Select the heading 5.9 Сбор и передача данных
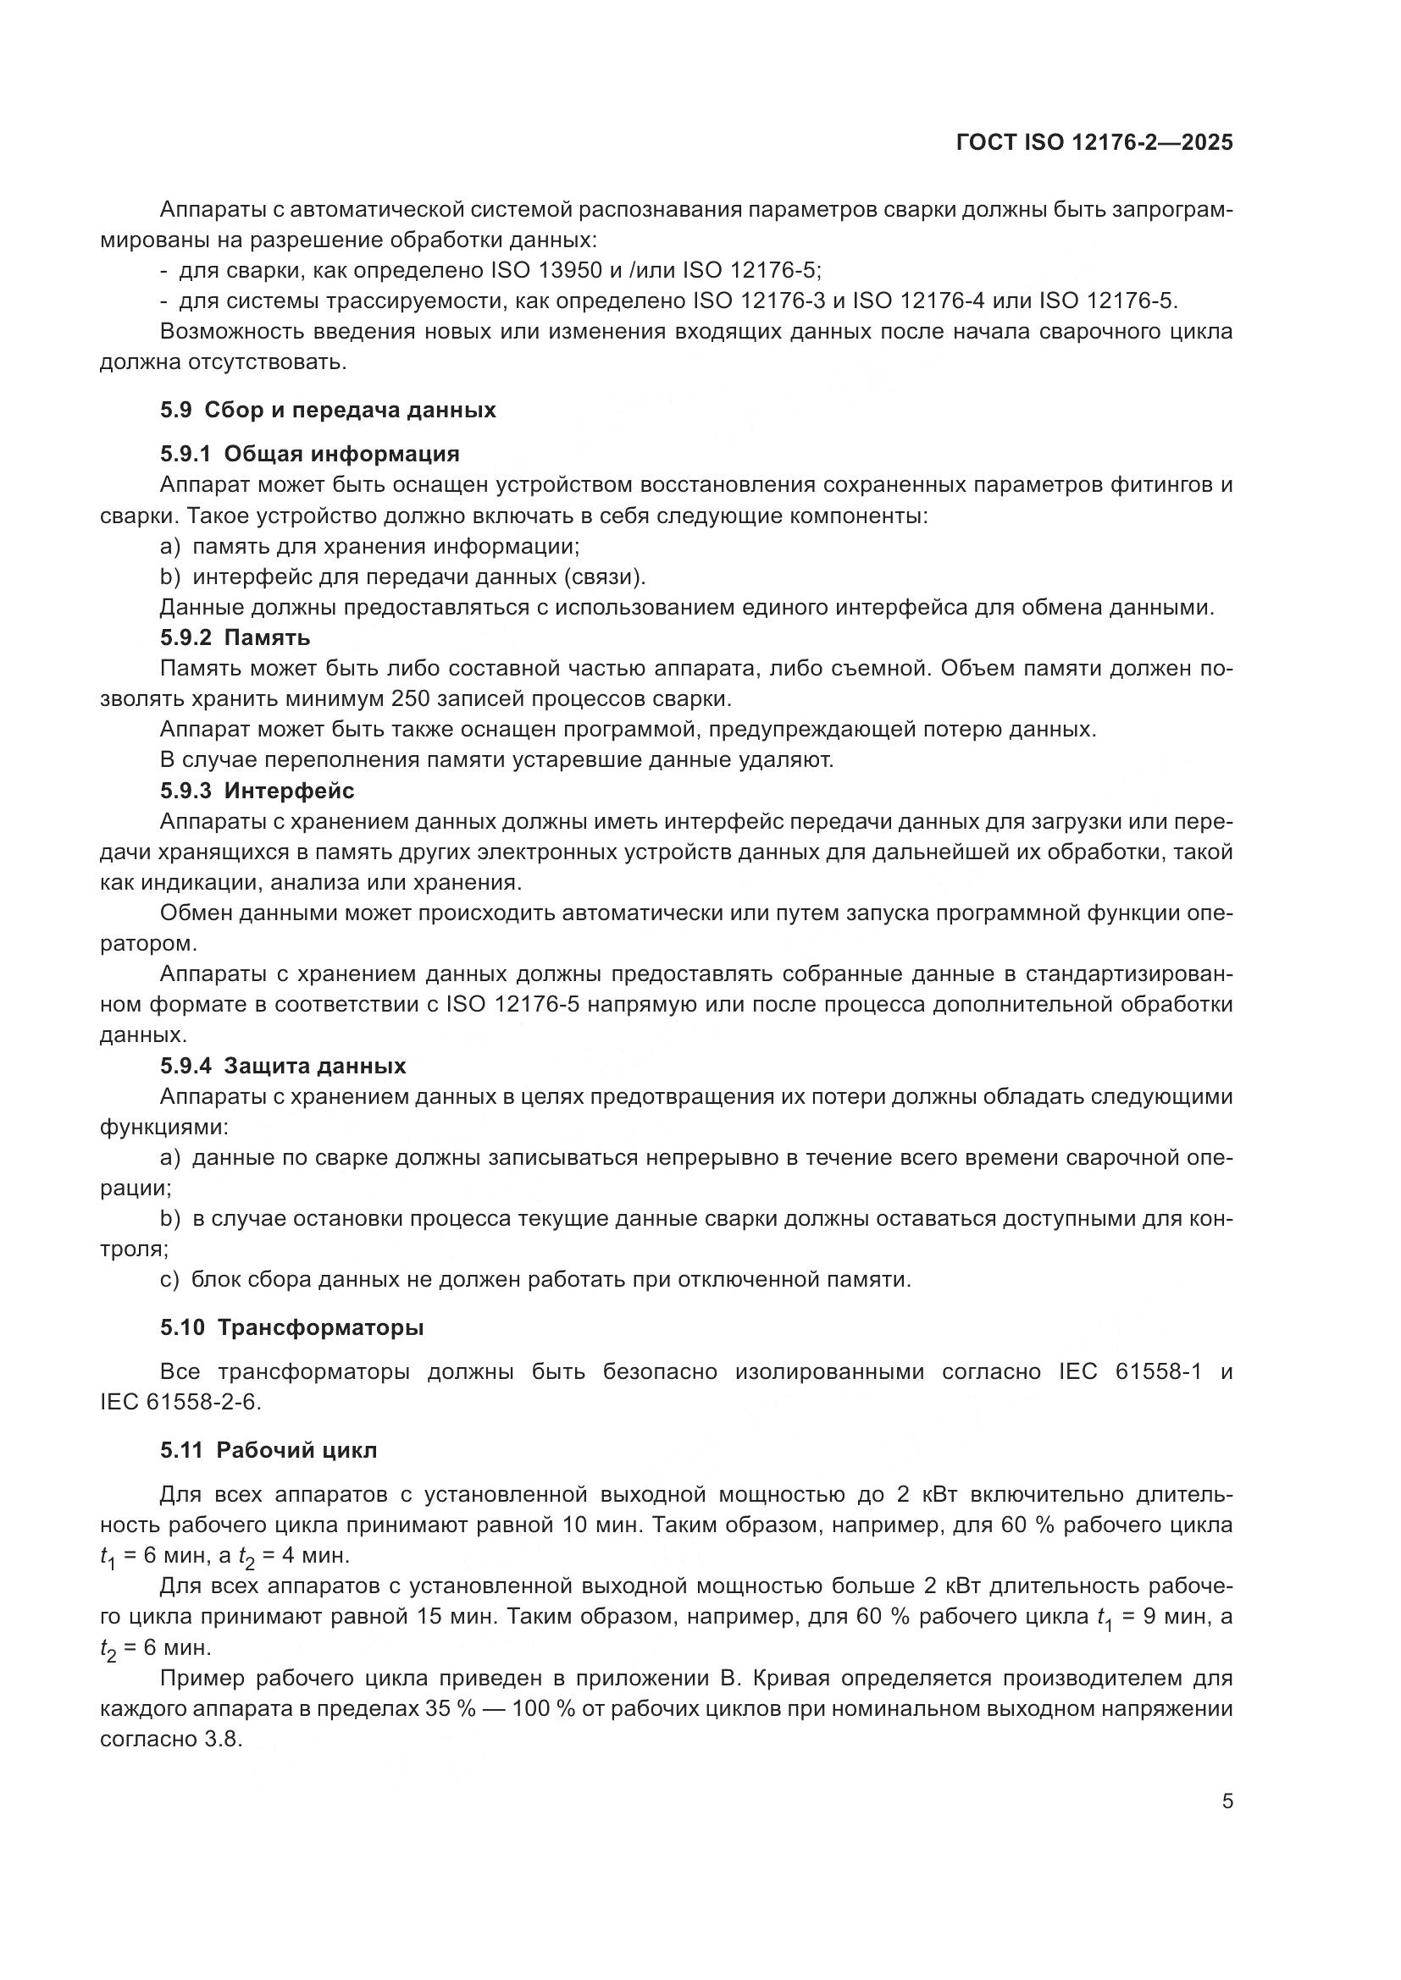click(328, 410)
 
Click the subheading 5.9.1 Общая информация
click(309, 454)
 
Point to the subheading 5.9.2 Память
click(235, 637)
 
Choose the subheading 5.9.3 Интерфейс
click(256, 790)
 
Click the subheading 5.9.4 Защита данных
click(282, 1066)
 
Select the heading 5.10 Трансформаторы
click(291, 1327)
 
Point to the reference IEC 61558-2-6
click(180, 1402)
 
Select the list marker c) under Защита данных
click(169, 1279)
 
